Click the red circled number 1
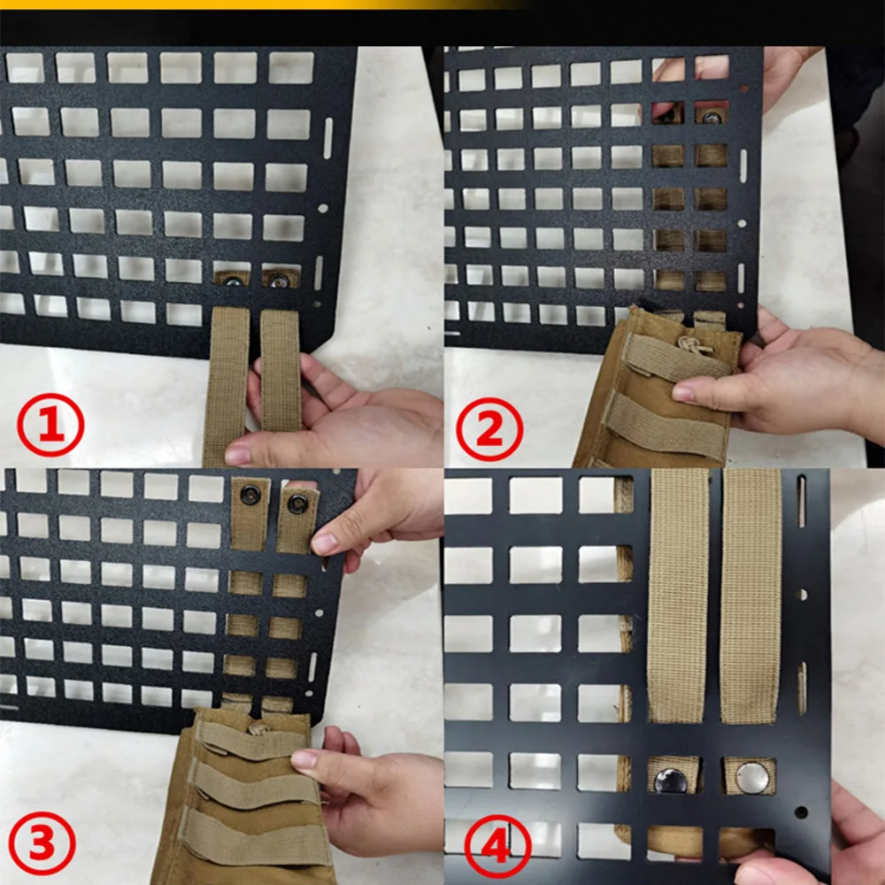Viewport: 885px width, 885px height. click(50, 425)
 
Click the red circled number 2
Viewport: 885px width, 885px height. click(489, 429)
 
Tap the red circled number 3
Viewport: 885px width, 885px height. click(42, 843)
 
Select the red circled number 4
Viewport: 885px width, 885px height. click(497, 847)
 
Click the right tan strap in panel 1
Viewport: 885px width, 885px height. click(281, 370)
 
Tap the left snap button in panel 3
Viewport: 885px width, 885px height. click(250, 495)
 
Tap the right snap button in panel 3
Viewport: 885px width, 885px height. click(297, 504)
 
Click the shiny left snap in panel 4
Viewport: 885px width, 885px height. click(671, 780)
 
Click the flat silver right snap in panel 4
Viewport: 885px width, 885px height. click(752, 777)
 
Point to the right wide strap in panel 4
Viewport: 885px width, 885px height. click(750, 596)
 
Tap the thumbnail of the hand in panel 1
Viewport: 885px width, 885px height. click(237, 454)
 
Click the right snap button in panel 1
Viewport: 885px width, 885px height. click(278, 280)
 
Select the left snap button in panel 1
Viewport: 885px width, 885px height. click(233, 281)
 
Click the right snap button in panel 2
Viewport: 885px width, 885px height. click(712, 118)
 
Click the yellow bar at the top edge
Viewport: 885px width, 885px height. click(259, 4)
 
